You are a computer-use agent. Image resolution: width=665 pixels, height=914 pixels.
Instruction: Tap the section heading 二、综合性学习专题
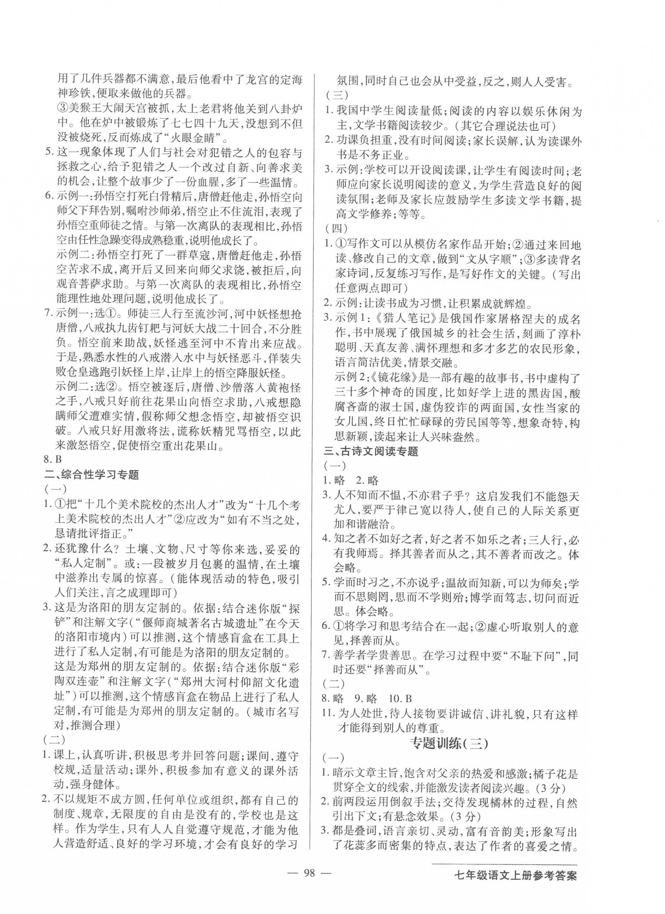[91, 475]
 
